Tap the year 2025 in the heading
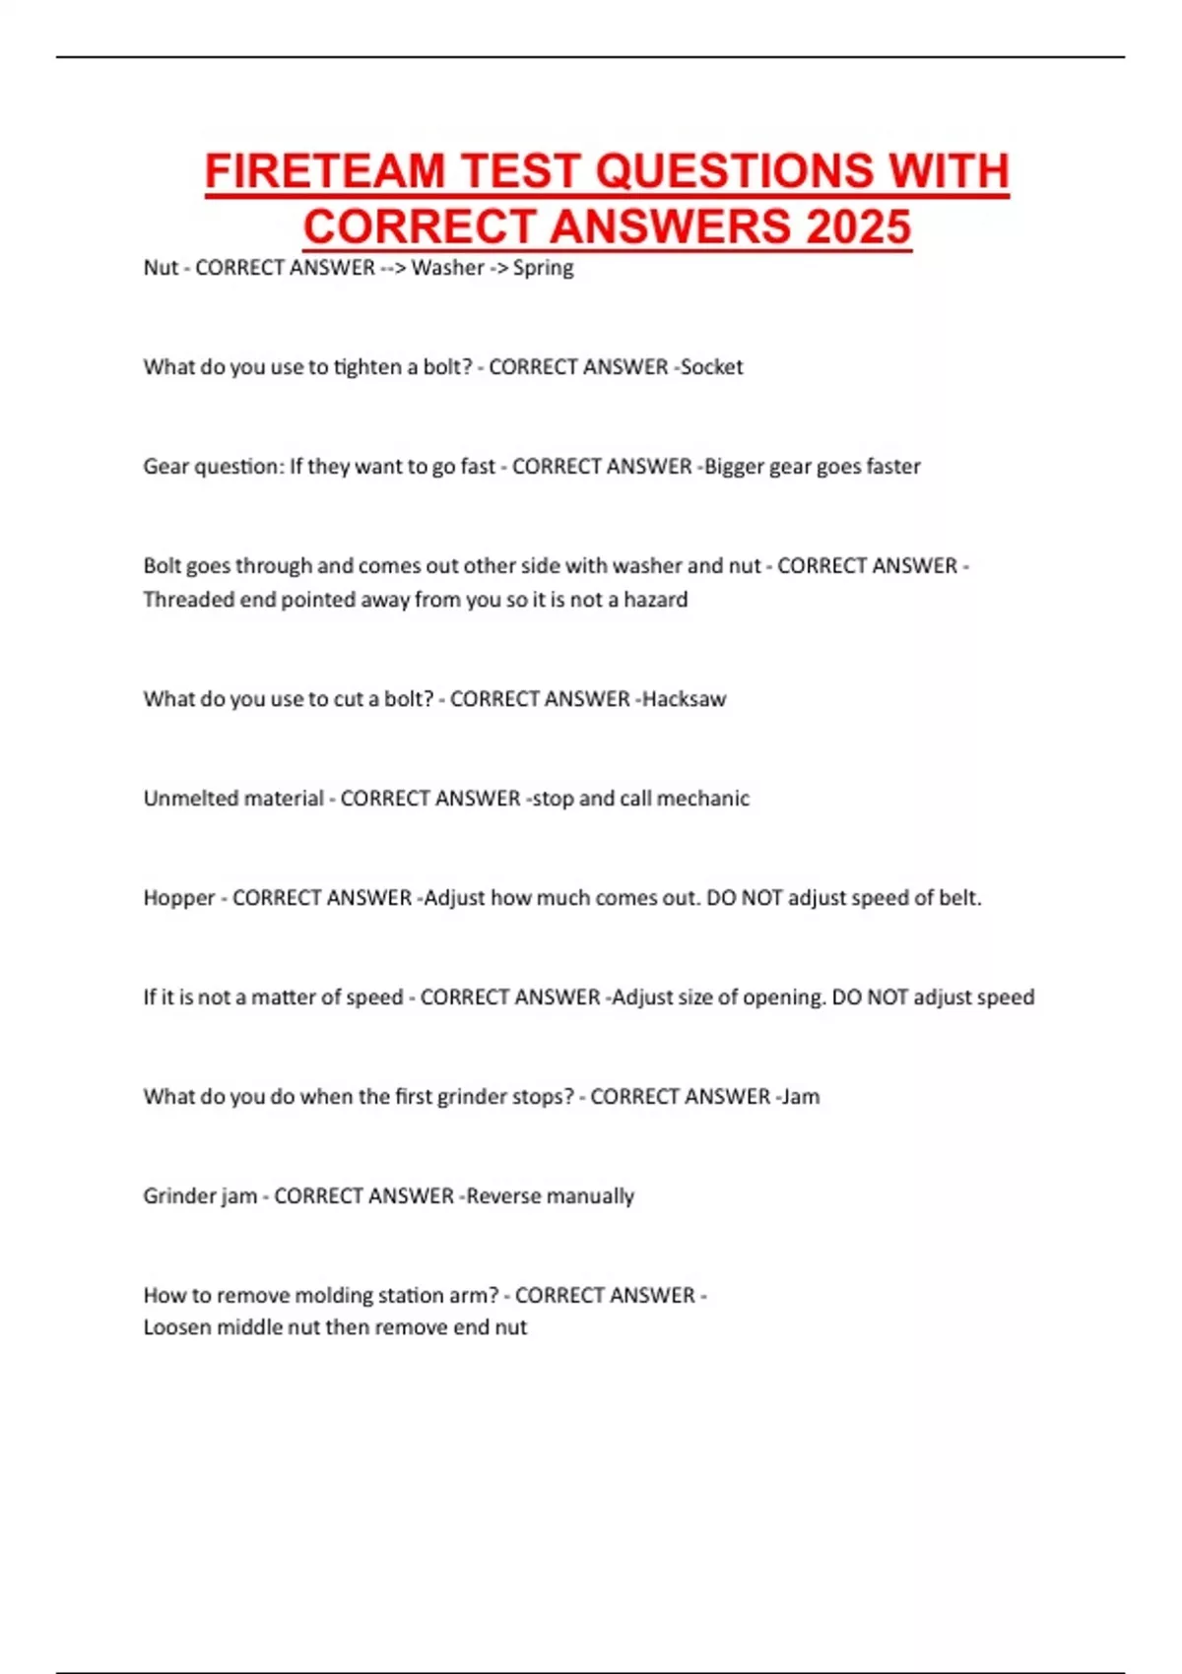858,227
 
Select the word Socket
712,367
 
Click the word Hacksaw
684,699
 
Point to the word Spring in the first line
543,268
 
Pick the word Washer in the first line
447,268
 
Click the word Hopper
178,898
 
